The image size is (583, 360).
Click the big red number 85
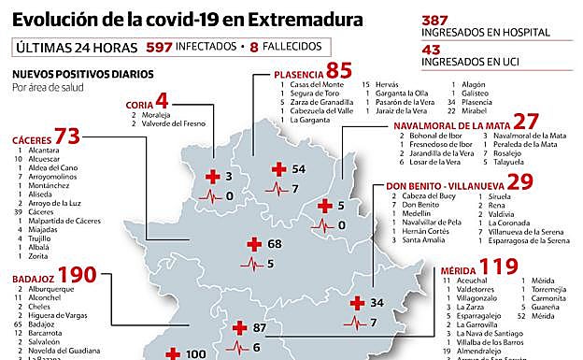[339, 70]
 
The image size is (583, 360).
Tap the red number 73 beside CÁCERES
[67, 137]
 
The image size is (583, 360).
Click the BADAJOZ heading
[34, 279]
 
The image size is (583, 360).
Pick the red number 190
[78, 276]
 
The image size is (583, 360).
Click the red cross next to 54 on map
[277, 169]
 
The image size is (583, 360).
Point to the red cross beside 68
[252, 245]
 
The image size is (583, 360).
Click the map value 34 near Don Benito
[377, 303]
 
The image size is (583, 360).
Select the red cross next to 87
[239, 328]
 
